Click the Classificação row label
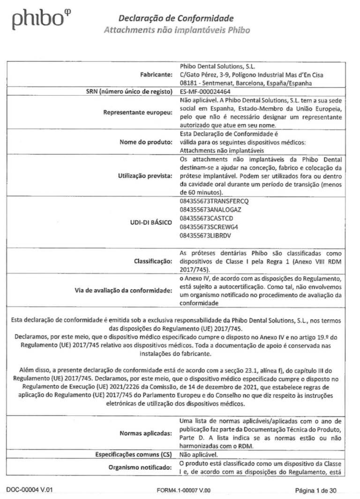(x=150, y=259)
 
